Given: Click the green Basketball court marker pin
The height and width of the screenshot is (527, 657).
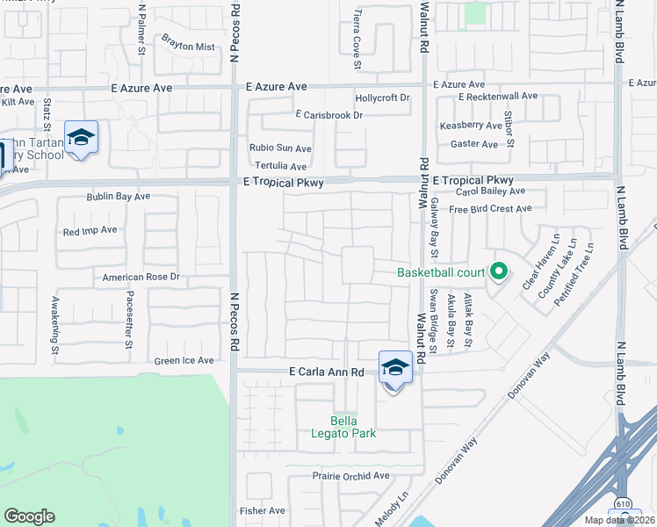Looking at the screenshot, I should [499, 271].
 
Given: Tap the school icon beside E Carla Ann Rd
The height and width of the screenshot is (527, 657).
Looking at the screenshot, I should [395, 368].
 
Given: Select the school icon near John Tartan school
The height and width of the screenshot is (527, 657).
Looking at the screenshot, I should [81, 138].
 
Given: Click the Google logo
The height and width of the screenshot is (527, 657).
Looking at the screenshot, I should [29, 516].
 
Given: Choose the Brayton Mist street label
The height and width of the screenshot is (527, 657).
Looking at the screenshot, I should [188, 47].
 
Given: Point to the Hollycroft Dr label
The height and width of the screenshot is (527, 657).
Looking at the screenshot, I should [382, 97].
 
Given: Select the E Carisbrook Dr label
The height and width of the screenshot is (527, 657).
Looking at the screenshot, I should [329, 115].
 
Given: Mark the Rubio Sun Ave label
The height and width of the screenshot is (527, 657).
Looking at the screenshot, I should [280, 148].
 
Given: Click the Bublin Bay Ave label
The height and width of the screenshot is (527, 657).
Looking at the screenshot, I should [119, 197].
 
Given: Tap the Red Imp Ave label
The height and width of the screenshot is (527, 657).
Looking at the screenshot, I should [90, 230].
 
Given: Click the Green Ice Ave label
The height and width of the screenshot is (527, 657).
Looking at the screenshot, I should [184, 360].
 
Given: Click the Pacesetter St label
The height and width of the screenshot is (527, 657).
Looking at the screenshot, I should [129, 307].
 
